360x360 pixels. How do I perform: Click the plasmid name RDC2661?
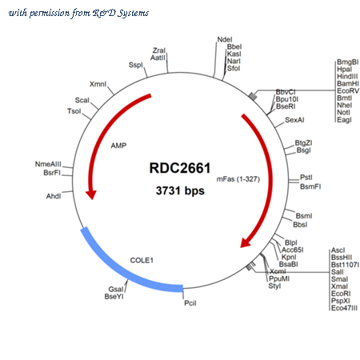tap(180, 168)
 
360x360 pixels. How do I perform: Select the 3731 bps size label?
tap(180, 190)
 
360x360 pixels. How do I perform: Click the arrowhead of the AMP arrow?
tap(91, 195)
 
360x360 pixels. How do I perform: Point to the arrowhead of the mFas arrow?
tap(245, 242)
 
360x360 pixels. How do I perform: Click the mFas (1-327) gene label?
tap(238, 179)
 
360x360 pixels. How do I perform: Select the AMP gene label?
tap(118, 146)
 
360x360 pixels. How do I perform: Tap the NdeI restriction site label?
tap(225, 39)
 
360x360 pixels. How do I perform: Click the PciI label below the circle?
tap(190, 303)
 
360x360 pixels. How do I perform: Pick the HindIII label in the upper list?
tap(347, 76)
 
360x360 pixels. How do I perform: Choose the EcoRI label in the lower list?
tap(341, 294)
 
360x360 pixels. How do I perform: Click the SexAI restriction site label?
tap(294, 120)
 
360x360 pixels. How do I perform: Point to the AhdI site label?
tap(54, 196)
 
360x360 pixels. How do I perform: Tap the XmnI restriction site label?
tap(98, 84)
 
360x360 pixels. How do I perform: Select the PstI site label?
tap(306, 178)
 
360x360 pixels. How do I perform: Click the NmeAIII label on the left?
tap(48, 164)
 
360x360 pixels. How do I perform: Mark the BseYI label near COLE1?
tap(114, 297)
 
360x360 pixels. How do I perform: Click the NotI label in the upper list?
tap(343, 112)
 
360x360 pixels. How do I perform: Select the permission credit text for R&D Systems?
tap(78, 13)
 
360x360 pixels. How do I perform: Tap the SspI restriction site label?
tap(136, 65)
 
